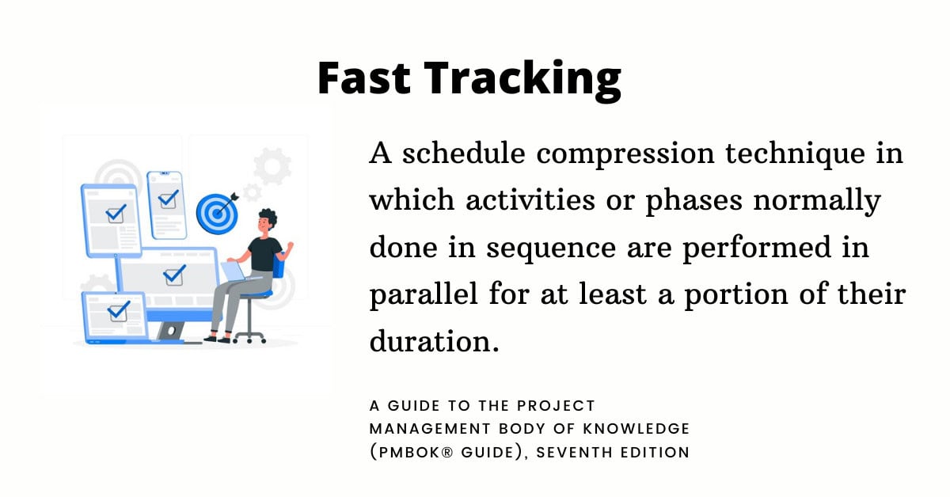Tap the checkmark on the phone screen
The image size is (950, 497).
pos(168,198)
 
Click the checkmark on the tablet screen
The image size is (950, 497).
pos(116,212)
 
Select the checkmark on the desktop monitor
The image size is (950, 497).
pos(173,275)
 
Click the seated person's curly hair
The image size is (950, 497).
pos(267,218)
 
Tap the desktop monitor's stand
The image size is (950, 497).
pos(171,330)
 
